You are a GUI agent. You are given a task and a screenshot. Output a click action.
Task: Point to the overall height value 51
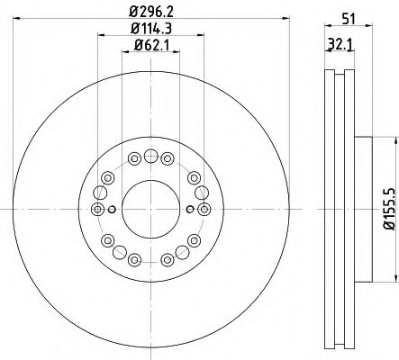pyautogui.click(x=348, y=15)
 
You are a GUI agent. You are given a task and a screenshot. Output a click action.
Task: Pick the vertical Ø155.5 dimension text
pyautogui.click(x=389, y=208)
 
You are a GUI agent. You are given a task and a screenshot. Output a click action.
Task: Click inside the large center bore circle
pyautogui.click(x=150, y=209)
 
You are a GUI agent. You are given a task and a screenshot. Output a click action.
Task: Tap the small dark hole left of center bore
pyautogui.click(x=111, y=210)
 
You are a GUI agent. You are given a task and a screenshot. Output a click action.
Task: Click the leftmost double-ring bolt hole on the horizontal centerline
pyautogui.click(x=97, y=210)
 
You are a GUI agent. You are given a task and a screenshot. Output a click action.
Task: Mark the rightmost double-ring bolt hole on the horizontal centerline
pyautogui.click(x=204, y=210)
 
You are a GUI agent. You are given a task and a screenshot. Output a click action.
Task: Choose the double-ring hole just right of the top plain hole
pyautogui.click(x=167, y=159)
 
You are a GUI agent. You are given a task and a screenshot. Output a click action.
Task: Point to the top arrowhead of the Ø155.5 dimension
pyautogui.click(x=394, y=141)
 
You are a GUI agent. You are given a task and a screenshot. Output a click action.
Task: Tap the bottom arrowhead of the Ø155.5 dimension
pyautogui.click(x=394, y=278)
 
